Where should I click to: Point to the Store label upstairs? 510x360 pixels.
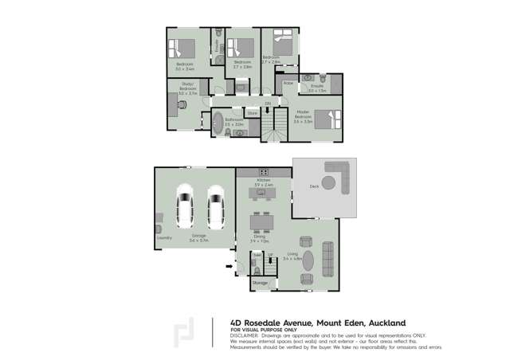pyautogui.click(x=252, y=113)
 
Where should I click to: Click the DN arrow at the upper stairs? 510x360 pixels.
pyautogui.click(x=269, y=104)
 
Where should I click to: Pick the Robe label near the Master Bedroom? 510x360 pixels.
pyautogui.click(x=288, y=83)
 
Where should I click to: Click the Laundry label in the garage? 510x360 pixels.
pyautogui.click(x=165, y=237)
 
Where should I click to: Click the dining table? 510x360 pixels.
pyautogui.click(x=259, y=221)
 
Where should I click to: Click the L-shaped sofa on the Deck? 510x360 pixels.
pyautogui.click(x=339, y=170)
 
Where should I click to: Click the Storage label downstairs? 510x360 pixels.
pyautogui.click(x=261, y=282)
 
